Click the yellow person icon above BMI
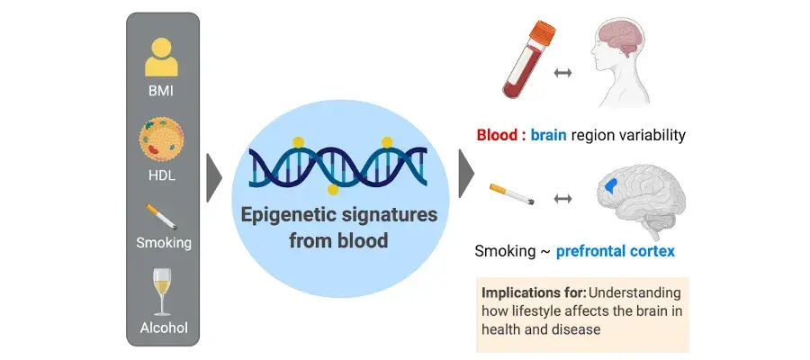(x=161, y=58)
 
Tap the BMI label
(x=161, y=92)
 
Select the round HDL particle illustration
(x=161, y=139)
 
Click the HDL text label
(x=161, y=175)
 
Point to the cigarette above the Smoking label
(x=161, y=216)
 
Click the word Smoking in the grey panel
(x=164, y=243)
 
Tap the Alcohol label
(x=164, y=328)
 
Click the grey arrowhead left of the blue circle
(x=214, y=177)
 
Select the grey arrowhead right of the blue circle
(x=466, y=174)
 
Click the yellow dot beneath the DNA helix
(x=333, y=190)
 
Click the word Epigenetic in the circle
(x=289, y=215)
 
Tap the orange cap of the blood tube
(x=542, y=31)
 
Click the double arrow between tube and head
(x=562, y=73)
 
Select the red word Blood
(x=497, y=135)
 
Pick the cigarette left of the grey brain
(x=512, y=194)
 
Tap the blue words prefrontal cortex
(x=616, y=251)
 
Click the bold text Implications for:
(x=534, y=292)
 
